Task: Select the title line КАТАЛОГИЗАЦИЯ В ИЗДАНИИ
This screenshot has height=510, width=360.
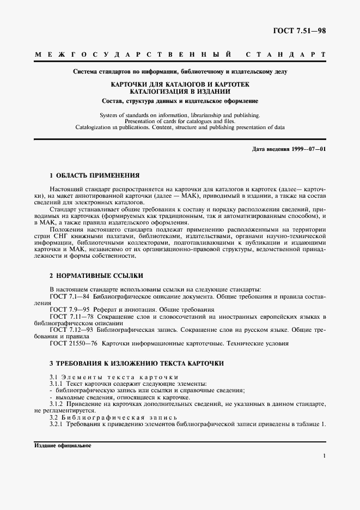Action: pos(179,92)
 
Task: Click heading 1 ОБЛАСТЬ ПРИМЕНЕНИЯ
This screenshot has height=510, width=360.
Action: pos(94,175)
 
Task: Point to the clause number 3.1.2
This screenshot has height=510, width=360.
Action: pos(56,404)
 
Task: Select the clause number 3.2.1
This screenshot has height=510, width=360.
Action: pos(56,424)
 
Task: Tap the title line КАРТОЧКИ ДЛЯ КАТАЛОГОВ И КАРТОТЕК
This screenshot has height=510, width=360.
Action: pos(179,84)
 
